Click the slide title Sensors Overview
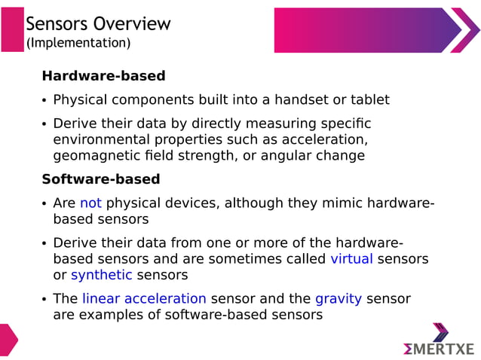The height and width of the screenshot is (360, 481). pyautogui.click(x=98, y=23)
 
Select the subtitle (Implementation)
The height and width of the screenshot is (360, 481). pyautogui.click(x=78, y=44)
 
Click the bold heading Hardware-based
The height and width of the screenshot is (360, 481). pyautogui.click(x=103, y=76)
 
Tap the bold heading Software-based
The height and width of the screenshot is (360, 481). pyautogui.click(x=100, y=179)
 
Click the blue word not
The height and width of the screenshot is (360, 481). pyautogui.click(x=90, y=203)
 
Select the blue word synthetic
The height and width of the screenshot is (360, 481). pyautogui.click(x=102, y=275)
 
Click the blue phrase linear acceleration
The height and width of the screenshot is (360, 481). pyautogui.click(x=144, y=299)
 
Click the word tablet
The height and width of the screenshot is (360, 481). pyautogui.click(x=369, y=100)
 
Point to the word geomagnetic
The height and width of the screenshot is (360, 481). pyautogui.click(x=90, y=156)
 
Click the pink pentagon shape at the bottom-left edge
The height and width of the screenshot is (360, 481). pyautogui.click(x=8, y=340)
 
